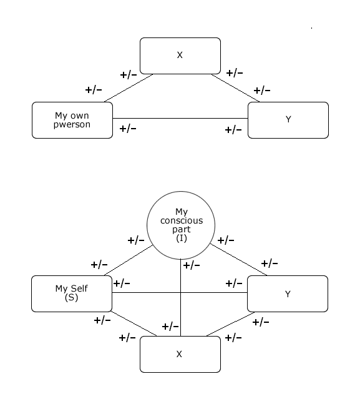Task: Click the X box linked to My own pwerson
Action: point(180,56)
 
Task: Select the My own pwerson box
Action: point(72,120)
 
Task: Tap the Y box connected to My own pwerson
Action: point(288,120)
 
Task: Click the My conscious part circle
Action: point(181,225)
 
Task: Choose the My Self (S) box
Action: point(72,293)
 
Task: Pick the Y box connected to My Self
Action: point(288,293)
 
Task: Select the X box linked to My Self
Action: point(180,354)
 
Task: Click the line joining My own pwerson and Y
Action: point(180,118)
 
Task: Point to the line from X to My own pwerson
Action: point(129,88)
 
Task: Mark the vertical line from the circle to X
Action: point(180,298)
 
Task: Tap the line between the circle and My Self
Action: point(129,260)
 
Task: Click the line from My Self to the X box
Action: point(134,323)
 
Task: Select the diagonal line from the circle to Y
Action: point(239,260)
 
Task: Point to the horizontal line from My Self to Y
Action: point(180,292)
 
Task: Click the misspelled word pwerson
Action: point(72,125)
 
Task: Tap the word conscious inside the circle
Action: point(182,221)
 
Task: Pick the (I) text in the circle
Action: point(182,239)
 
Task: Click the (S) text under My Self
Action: point(71,298)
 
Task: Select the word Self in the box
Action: point(79,288)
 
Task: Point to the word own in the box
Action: point(80,116)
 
